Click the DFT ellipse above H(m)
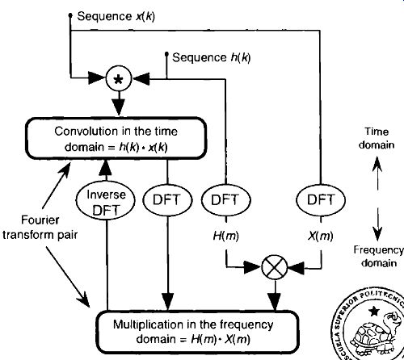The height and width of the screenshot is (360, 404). click(x=225, y=200)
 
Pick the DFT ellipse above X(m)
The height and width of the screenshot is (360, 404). click(x=321, y=200)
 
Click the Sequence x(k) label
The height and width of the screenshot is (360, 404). click(x=116, y=17)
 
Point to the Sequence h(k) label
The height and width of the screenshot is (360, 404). click(x=212, y=57)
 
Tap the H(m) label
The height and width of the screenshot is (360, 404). click(x=225, y=237)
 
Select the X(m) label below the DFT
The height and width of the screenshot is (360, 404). click(x=321, y=237)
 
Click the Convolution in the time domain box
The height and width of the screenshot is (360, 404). click(x=116, y=138)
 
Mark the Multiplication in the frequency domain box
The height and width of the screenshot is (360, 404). click(x=198, y=332)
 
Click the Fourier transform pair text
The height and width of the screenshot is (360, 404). click(x=40, y=228)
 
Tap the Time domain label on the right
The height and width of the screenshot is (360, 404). click(x=377, y=138)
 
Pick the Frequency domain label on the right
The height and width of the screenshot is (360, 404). click(x=379, y=257)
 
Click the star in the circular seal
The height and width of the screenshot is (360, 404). click(x=374, y=312)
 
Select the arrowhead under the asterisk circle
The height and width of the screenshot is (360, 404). click(x=119, y=107)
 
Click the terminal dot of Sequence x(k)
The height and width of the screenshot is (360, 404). click(x=70, y=15)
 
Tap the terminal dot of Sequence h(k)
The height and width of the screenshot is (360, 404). click(x=166, y=55)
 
